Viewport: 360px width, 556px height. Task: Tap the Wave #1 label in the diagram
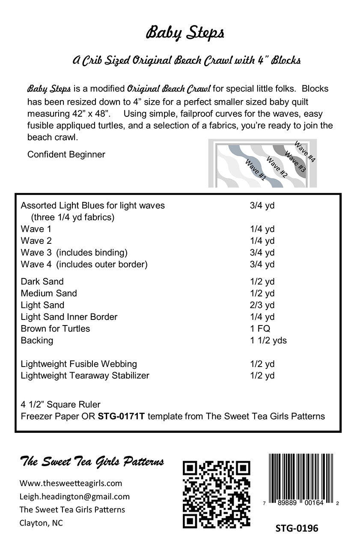tap(256, 170)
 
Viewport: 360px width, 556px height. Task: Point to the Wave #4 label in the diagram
tap(305, 151)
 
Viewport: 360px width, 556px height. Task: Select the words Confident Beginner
tap(66, 154)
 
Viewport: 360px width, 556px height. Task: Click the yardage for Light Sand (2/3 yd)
tap(262, 305)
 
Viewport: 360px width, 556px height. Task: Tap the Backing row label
tap(37, 340)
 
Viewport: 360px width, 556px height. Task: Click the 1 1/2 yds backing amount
tap(268, 340)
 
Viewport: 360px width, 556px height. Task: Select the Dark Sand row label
tap(42, 281)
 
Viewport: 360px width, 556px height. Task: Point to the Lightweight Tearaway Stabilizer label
tap(85, 376)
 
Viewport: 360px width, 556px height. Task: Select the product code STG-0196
tap(297, 528)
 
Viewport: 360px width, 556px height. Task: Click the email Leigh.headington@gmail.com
tap(74, 497)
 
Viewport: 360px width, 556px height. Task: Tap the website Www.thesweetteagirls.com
tap(71, 483)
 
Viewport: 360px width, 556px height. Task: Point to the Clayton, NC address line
tap(41, 523)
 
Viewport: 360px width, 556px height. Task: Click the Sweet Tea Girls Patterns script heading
tap(92, 461)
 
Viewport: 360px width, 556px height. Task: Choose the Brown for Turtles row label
tap(55, 328)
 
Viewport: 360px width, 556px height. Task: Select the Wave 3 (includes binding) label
tap(74, 252)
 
